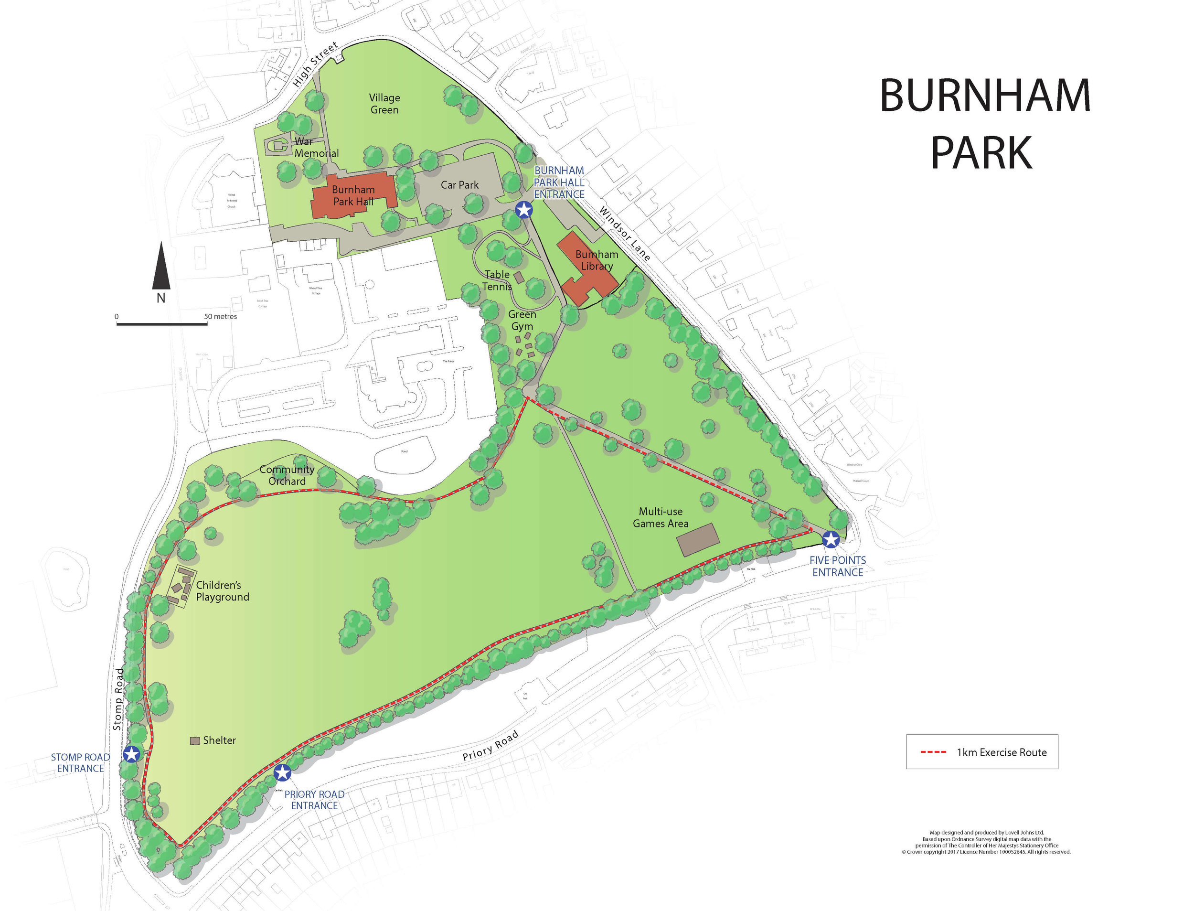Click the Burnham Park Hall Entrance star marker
tap(523, 210)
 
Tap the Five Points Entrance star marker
tap(831, 539)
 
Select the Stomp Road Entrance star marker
tap(131, 754)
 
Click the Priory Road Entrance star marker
tap(282, 773)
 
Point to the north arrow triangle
tap(161, 266)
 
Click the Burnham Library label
tap(597, 260)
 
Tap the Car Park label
tap(459, 185)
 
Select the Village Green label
tap(384, 104)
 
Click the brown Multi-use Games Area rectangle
tap(699, 539)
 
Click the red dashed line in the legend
tap(933, 752)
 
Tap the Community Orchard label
tap(287, 475)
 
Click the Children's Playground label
tap(222, 590)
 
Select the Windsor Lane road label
tap(624, 233)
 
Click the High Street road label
tap(315, 64)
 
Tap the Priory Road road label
tap(490, 746)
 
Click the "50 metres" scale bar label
tap(221, 316)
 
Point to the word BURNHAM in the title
tap(985, 96)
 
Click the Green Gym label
tap(522, 320)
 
